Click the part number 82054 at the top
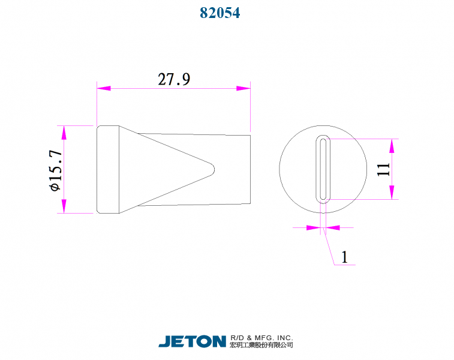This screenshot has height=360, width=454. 220,13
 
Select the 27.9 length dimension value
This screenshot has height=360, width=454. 174,79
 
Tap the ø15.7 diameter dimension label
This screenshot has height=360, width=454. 55,170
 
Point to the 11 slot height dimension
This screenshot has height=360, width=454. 384,169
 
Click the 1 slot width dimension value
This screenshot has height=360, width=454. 344,257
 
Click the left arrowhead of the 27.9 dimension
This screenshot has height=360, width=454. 104,88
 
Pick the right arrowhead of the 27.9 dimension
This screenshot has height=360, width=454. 243,88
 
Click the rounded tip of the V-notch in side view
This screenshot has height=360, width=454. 213,169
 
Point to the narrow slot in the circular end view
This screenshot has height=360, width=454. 323,169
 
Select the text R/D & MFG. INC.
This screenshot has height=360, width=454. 261,338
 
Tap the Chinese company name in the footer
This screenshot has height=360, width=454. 261,346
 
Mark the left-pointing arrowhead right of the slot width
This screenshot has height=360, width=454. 332,227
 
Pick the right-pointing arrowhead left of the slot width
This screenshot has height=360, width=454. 312,227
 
